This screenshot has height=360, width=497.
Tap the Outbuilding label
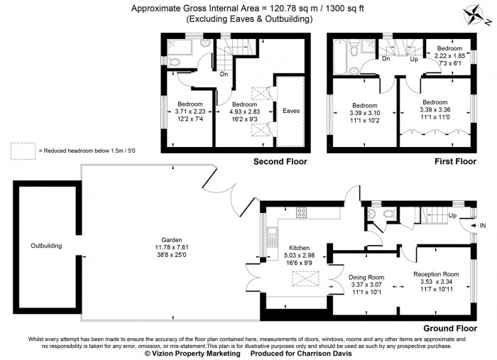point(46,246)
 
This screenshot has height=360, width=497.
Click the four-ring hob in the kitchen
point(300,212)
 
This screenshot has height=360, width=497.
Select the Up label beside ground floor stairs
point(452,216)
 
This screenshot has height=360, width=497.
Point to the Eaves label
point(290,111)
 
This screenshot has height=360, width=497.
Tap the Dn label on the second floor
point(223,74)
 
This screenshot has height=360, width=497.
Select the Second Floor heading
point(280,162)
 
